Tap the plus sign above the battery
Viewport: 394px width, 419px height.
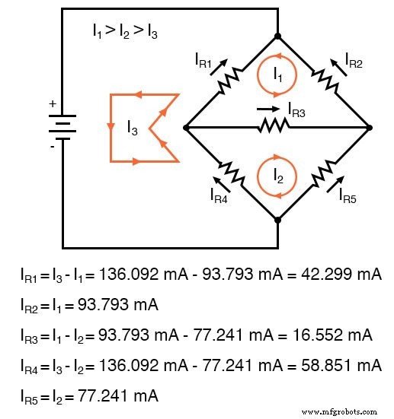[52, 104]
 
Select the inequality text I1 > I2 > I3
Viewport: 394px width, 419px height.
[125, 32]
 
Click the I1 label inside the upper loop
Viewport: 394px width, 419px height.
[278, 73]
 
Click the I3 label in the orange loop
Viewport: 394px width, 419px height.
[133, 128]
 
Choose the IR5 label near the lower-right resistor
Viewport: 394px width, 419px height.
[350, 194]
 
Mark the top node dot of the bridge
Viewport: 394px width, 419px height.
[277, 36]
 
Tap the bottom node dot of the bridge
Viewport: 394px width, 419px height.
[277, 219]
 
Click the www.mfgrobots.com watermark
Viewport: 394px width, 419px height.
[344, 411]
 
